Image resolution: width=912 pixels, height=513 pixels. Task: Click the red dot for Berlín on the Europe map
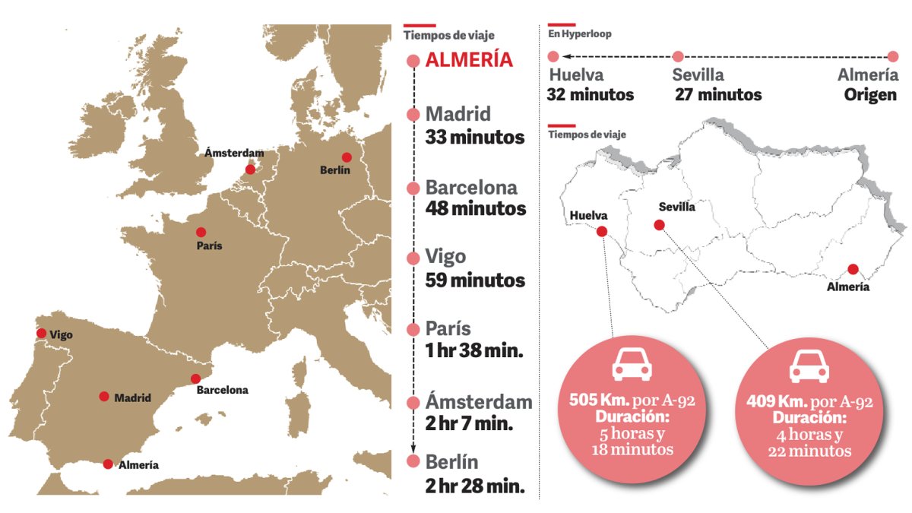[347, 157]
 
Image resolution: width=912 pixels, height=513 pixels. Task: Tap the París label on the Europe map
[209, 246]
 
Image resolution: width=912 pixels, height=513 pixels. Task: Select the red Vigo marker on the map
[41, 333]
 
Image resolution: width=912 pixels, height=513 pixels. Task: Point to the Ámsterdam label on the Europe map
[234, 153]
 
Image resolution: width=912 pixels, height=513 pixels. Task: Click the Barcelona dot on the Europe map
[195, 378]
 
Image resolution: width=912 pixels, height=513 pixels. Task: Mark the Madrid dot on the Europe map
[104, 396]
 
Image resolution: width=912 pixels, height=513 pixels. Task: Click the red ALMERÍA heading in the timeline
[470, 61]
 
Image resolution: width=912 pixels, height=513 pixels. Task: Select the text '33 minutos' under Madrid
[475, 138]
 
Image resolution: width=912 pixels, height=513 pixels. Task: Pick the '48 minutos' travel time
[476, 208]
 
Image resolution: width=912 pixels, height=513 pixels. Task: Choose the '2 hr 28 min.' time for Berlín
[476, 486]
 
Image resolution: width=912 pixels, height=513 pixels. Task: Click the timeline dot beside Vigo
[413, 258]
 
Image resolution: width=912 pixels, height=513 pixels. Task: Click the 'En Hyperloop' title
[580, 34]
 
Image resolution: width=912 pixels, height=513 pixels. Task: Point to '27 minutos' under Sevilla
[718, 95]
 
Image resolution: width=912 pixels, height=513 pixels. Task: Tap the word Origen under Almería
[871, 96]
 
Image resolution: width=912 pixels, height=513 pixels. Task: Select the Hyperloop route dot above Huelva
[554, 56]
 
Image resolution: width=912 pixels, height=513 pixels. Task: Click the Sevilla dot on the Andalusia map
[659, 224]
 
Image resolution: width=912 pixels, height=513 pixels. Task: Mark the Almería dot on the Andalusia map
[853, 269]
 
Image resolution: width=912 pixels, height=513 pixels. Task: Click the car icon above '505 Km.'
[632, 366]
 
